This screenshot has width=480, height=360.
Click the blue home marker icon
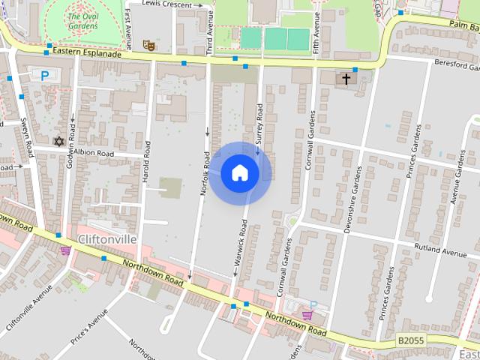[x=239, y=173]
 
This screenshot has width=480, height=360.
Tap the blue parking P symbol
[x=44, y=75]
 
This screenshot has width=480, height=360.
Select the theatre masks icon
[x=148, y=45]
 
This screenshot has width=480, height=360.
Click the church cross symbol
[x=346, y=78]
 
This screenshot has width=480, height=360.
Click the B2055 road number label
[x=411, y=340]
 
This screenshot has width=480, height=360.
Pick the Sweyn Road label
[x=27, y=136]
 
